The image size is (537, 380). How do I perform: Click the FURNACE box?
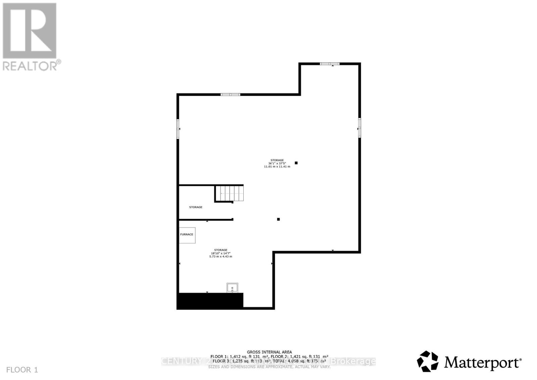click(x=187, y=235)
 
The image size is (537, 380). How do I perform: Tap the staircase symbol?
click(x=230, y=193)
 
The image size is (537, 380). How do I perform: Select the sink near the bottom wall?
click(x=232, y=288)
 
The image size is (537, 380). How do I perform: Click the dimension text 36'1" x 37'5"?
click(x=277, y=163)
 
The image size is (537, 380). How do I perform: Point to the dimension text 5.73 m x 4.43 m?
click(x=221, y=256)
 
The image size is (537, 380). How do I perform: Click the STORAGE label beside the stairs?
click(x=196, y=207)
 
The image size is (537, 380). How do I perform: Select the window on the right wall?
click(x=359, y=128)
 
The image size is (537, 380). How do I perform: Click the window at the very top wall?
click(x=329, y=64)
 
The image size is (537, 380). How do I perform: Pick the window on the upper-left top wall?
click(x=230, y=95)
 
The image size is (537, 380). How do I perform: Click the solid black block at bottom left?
click(x=210, y=301)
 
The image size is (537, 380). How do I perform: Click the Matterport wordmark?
click(x=483, y=363)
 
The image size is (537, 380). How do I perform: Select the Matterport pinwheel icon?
click(x=428, y=362)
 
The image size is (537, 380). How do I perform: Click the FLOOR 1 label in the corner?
click(x=22, y=370)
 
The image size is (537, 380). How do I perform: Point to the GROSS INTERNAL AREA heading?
click(x=269, y=352)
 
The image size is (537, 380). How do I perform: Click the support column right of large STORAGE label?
click(x=296, y=163)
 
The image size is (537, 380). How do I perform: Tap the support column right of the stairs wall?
click(x=278, y=219)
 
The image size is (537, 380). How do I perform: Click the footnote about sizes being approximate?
click(x=269, y=367)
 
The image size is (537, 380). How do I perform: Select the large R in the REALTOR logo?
click(x=30, y=31)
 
